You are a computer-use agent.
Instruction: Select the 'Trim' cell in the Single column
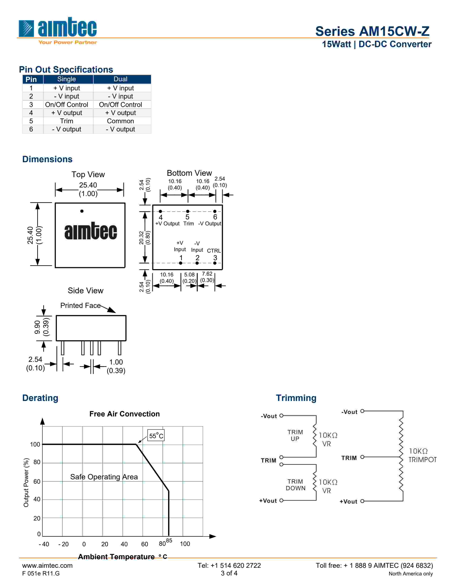tap(66, 121)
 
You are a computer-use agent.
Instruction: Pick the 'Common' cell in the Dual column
tap(120, 121)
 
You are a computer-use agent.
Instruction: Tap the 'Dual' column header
tap(120, 79)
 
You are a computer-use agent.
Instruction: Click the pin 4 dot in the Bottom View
tap(160, 211)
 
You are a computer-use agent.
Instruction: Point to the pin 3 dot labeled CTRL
tap(215, 263)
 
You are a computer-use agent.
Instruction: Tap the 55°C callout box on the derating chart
tap(156, 436)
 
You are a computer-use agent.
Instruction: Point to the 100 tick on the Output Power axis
tap(35, 444)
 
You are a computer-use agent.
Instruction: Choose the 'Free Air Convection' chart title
tap(124, 414)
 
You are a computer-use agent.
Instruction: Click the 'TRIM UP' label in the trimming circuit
tap(295, 435)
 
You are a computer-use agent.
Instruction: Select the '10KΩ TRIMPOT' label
tap(422, 455)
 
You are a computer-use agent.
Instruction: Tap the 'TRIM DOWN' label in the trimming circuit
tap(295, 485)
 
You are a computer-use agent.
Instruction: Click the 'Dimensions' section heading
tap(47, 159)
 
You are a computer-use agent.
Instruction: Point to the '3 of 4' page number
tap(229, 573)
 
